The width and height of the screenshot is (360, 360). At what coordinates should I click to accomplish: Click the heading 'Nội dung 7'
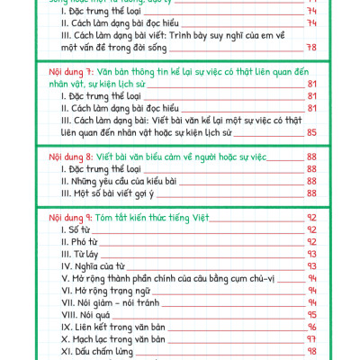(68, 70)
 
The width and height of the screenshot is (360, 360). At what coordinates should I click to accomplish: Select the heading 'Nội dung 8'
(68, 155)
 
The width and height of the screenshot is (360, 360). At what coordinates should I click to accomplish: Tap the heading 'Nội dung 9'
(68, 217)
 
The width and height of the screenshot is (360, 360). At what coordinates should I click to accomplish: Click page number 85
(313, 134)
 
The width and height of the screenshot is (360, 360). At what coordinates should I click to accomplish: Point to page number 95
(313, 316)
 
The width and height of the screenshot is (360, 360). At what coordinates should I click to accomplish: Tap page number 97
(313, 340)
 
